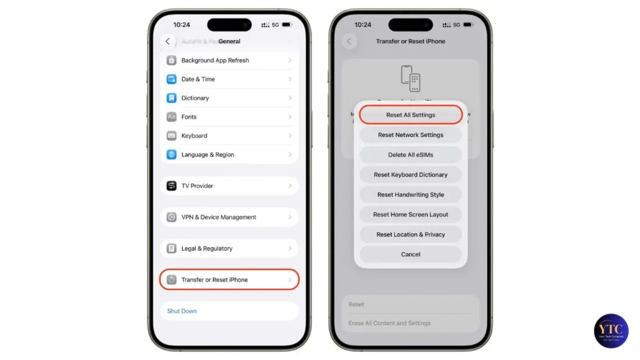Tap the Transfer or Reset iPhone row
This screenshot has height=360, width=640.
point(229,279)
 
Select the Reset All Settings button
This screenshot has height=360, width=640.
point(411,115)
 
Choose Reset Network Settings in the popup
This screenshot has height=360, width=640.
point(411,135)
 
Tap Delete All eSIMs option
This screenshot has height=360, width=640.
point(411,155)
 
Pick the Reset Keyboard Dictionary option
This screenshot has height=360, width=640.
point(411,175)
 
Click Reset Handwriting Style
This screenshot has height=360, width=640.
point(411,195)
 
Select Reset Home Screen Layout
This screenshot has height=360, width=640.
point(411,214)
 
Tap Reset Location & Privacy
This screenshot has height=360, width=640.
point(411,234)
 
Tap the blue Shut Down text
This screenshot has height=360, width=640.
point(182,311)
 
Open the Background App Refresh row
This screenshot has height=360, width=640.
point(229,61)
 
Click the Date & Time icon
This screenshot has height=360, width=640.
point(171,79)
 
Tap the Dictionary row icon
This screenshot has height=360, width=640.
point(171,98)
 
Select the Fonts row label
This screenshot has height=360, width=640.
point(189,117)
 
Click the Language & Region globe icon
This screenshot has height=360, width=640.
point(171,154)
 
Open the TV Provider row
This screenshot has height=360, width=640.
point(229,186)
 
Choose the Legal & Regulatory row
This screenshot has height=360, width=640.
point(229,248)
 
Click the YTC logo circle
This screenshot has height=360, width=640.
point(611,331)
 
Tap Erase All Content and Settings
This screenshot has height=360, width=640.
point(389,323)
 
